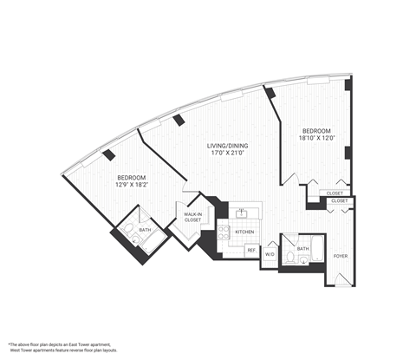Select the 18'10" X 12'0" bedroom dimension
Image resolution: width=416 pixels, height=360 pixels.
coord(315,137)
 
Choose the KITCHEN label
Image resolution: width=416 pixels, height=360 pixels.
coord(244,232)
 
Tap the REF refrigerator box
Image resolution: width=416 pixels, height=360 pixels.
coord(250,250)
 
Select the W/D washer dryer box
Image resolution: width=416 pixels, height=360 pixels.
coord(269,254)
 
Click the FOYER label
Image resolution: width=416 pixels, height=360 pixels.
coord(340,255)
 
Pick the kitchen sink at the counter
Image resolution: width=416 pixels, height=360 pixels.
coord(244,213)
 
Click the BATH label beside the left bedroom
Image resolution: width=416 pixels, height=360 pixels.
coord(144,230)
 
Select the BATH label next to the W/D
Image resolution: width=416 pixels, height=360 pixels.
coord(302,248)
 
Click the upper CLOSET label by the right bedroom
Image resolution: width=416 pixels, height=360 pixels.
coord(335,193)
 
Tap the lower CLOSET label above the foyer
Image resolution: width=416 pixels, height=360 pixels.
coord(340,201)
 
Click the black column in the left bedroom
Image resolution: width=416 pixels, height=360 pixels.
coord(108,155)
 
